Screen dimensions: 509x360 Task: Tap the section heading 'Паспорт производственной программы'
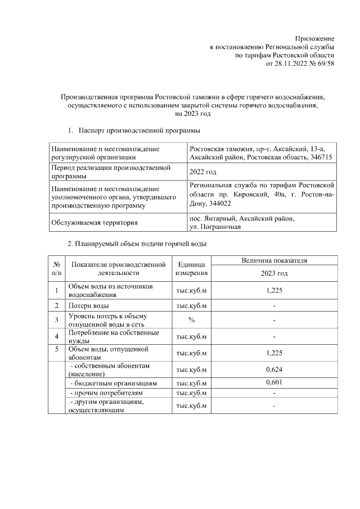139,131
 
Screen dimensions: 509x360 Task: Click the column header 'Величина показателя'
273,260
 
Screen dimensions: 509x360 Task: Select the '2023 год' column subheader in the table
274,273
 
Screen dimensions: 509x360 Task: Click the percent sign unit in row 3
192,320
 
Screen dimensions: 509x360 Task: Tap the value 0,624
274,370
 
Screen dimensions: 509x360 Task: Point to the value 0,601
274,382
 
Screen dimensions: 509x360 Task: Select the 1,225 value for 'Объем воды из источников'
274,290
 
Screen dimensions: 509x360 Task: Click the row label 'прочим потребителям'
106,392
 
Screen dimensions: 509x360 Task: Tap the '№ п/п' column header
57,268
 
